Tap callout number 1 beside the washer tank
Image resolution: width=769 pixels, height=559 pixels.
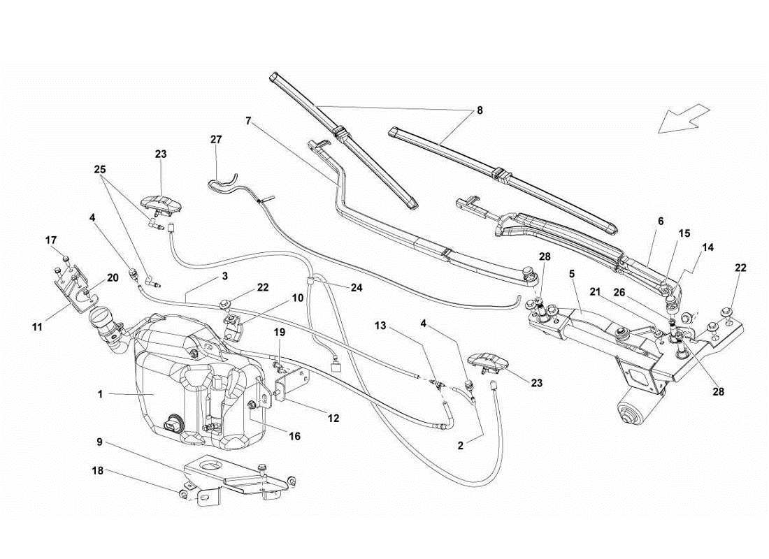click(x=101, y=394)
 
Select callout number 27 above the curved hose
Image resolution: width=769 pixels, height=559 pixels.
click(x=216, y=140)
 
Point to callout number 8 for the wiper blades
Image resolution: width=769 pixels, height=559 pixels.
click(x=479, y=110)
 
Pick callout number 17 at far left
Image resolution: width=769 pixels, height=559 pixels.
click(x=51, y=240)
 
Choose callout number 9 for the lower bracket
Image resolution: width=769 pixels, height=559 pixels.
click(x=99, y=442)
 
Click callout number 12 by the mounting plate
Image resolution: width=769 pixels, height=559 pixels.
click(x=333, y=418)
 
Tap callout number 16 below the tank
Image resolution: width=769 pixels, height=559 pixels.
click(x=295, y=436)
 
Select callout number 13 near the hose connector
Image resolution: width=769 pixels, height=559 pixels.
click(x=380, y=326)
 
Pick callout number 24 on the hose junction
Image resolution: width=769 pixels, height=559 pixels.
click(x=357, y=286)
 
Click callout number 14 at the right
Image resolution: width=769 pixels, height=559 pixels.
click(x=708, y=247)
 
